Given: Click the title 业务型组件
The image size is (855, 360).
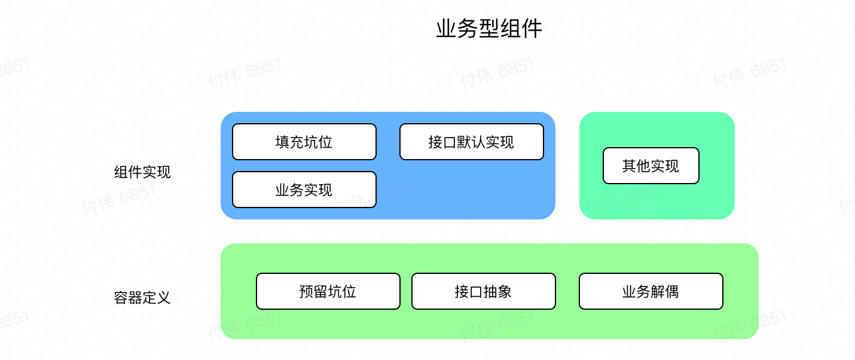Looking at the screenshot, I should pos(489,29).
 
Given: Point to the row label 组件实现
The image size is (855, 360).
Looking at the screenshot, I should pos(142,172).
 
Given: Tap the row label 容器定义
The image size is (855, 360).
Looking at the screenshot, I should pos(142,297).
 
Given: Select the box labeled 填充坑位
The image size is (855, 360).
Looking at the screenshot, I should pos(304,142).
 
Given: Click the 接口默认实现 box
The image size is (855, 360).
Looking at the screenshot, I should pos(471,142).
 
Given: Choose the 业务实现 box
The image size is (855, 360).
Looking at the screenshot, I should pos(304,190).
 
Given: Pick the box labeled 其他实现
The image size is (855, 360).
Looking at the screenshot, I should pos(651,166).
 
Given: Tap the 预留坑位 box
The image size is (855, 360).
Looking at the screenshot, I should pos(328,291).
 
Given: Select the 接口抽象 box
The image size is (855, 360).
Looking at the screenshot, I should pos(483,291).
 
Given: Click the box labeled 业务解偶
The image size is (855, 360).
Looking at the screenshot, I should pos(651,291).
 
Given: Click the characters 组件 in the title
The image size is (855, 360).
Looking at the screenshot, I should pos(521,29).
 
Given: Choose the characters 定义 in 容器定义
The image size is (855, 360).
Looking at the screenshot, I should pos(157,297).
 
